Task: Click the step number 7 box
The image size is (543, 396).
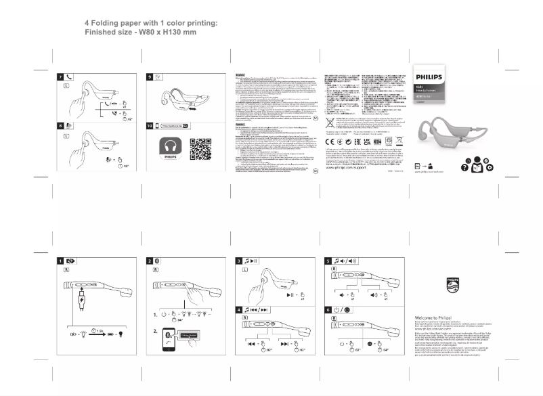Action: (60, 78)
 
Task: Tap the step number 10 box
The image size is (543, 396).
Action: (150, 126)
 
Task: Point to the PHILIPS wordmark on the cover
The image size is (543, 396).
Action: (428, 77)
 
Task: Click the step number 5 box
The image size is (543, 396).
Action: (328, 261)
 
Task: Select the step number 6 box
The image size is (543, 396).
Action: (328, 310)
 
